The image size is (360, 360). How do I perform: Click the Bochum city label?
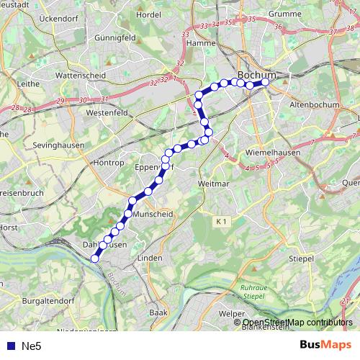tap(256, 74)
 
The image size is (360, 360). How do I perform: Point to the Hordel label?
tap(148, 14)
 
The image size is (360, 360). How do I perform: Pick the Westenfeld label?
tap(107, 113)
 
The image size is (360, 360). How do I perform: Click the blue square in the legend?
tap(11, 346)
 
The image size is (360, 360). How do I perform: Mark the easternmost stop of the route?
tap(266, 82)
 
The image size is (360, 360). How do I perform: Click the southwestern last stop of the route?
tap(94, 259)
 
